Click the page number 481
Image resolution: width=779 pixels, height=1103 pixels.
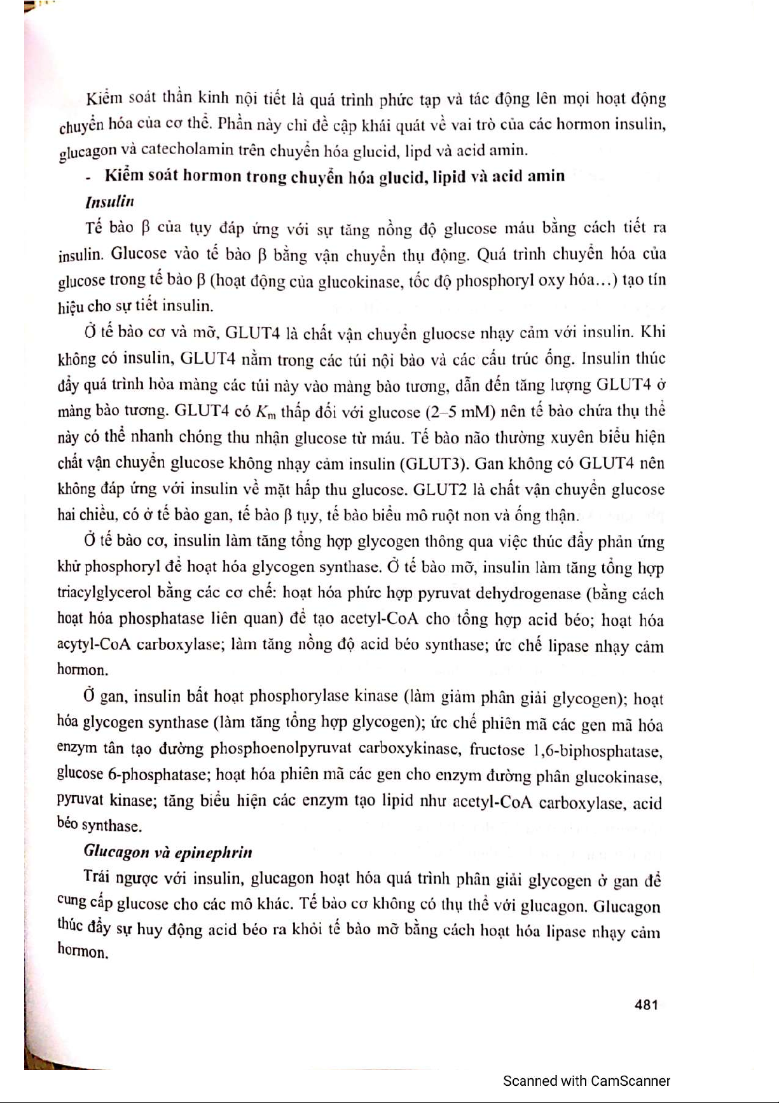645,1004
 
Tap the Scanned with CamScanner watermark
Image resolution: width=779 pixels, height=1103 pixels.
586,1081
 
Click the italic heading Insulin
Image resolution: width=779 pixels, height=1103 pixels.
109,202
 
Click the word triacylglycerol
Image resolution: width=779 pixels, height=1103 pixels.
104,593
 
